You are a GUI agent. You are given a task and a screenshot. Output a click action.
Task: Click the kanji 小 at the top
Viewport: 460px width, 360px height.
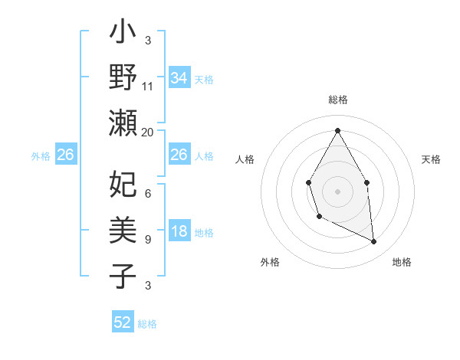tap(123, 35)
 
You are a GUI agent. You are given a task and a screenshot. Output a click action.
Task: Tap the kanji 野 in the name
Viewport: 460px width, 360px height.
tap(123, 77)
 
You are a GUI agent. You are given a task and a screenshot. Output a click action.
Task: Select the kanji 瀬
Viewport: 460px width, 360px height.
tap(123, 123)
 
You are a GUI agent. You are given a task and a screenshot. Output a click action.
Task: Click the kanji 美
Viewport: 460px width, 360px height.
tap(123, 230)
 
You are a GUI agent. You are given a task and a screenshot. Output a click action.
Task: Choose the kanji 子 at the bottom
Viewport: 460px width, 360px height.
tap(123, 275)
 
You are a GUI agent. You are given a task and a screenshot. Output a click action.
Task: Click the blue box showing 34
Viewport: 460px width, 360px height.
tap(179, 77)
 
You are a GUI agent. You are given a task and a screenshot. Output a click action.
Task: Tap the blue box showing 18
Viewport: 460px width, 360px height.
tap(179, 232)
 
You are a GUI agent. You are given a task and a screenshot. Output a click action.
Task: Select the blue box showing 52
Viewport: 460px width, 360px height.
tap(123, 322)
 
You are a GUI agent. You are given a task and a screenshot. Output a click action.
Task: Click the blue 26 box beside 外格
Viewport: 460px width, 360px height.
tap(66, 155)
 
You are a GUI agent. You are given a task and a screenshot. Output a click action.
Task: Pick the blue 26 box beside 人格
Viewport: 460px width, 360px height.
tap(179, 155)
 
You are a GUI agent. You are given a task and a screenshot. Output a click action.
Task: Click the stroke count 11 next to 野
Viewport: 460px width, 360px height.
tap(148, 87)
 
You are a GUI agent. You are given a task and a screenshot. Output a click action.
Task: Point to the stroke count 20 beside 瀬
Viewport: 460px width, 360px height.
tap(148, 132)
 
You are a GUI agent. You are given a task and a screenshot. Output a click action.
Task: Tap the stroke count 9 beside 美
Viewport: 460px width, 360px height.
tap(148, 240)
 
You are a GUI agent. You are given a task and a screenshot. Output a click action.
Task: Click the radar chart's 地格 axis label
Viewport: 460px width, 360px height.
tap(402, 262)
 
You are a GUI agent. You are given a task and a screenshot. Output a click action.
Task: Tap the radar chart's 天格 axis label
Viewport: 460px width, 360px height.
tap(431, 159)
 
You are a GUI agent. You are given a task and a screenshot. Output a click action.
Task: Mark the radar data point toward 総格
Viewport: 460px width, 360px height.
tap(337, 131)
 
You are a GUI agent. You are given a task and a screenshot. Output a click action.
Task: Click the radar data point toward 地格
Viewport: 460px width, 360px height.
tap(374, 242)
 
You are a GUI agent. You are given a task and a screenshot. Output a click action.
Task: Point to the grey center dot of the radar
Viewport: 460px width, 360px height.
tap(337, 191)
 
